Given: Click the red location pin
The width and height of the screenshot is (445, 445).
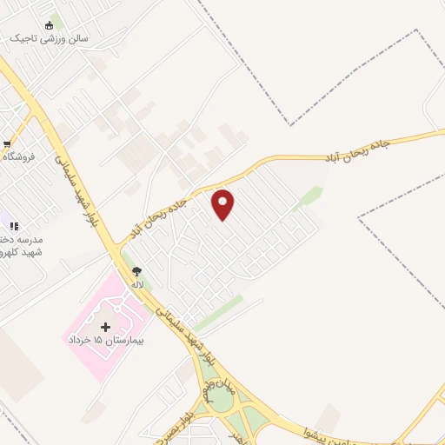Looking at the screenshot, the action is coord(223,204).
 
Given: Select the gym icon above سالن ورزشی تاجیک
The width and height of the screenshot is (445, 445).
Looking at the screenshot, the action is coord(48,24).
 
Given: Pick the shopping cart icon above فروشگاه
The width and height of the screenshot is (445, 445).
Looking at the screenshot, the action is coord(6,144).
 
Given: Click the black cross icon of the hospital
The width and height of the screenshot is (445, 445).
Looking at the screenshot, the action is coord(106,327).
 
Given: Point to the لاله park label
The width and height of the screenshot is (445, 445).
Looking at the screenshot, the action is coord(136,284).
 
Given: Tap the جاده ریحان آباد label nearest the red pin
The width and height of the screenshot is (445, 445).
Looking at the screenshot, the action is coord(165,209).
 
